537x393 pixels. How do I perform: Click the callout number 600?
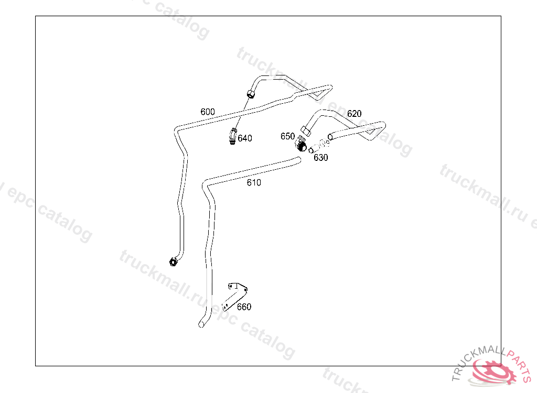pos(208,112)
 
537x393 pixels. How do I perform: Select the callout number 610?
pos(254,182)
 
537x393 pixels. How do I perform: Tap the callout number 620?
pos(354,114)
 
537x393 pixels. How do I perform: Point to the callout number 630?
pos(320,158)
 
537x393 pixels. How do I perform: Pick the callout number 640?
pos(245,138)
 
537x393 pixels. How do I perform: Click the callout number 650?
pos(287,136)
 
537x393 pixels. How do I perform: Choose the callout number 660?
pos(244,307)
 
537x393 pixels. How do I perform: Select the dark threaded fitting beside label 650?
pos(300,143)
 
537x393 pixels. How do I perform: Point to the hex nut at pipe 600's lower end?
pos(173,261)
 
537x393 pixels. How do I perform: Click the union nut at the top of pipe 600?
pos(251,94)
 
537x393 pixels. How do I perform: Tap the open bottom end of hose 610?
pos(201,325)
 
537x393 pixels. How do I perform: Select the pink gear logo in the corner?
pos(493,371)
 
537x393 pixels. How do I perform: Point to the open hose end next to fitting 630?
pos(330,137)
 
